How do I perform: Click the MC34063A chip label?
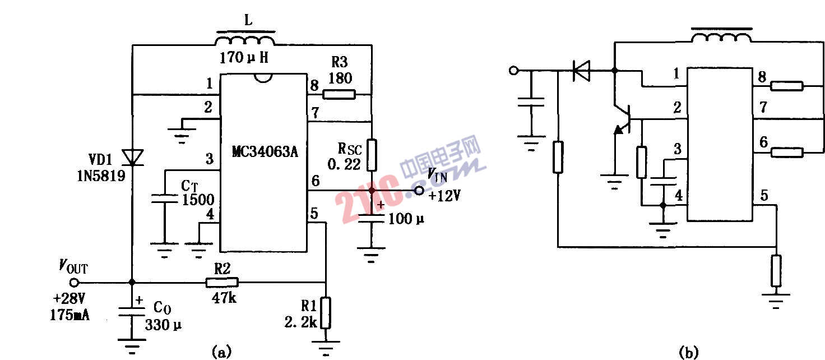click(x=263, y=152)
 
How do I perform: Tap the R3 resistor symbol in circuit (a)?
click(x=339, y=95)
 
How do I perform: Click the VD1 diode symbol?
click(x=132, y=157)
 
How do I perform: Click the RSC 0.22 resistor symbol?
click(x=371, y=154)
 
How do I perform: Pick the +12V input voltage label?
click(x=444, y=196)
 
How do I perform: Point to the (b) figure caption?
click(x=688, y=352)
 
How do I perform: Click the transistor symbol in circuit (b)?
click(x=624, y=119)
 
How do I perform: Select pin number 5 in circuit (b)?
click(x=764, y=196)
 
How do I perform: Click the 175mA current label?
click(x=69, y=313)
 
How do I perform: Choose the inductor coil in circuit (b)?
click(x=721, y=37)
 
